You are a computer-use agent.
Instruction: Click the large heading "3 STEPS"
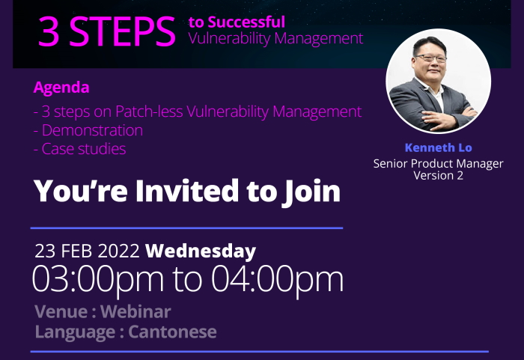pyautogui.click(x=106, y=31)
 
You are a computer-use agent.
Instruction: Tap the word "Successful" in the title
pyautogui.click(x=246, y=22)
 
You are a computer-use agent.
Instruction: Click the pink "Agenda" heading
pyautogui.click(x=61, y=88)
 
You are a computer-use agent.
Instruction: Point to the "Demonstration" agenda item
pyautogui.click(x=88, y=130)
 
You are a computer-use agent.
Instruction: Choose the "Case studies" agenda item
pyautogui.click(x=80, y=149)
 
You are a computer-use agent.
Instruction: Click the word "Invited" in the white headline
pyautogui.click(x=187, y=191)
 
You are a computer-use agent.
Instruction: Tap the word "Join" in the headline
pyautogui.click(x=311, y=192)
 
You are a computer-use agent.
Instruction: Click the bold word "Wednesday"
pyautogui.click(x=201, y=251)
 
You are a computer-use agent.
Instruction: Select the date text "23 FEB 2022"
pyautogui.click(x=87, y=251)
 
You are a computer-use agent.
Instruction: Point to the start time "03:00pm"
pyautogui.click(x=98, y=279)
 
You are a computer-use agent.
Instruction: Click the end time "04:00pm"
pyautogui.click(x=278, y=279)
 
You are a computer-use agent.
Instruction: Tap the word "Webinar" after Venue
pyautogui.click(x=135, y=311)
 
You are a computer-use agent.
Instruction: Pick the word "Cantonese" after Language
pyautogui.click(x=172, y=332)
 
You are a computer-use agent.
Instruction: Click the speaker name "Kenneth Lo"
pyautogui.click(x=439, y=147)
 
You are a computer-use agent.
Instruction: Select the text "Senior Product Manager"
pyautogui.click(x=439, y=163)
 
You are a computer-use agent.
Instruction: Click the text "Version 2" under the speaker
pyautogui.click(x=439, y=175)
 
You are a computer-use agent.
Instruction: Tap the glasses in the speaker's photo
pyautogui.click(x=430, y=59)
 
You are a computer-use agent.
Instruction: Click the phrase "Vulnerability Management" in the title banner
pyautogui.click(x=275, y=38)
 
